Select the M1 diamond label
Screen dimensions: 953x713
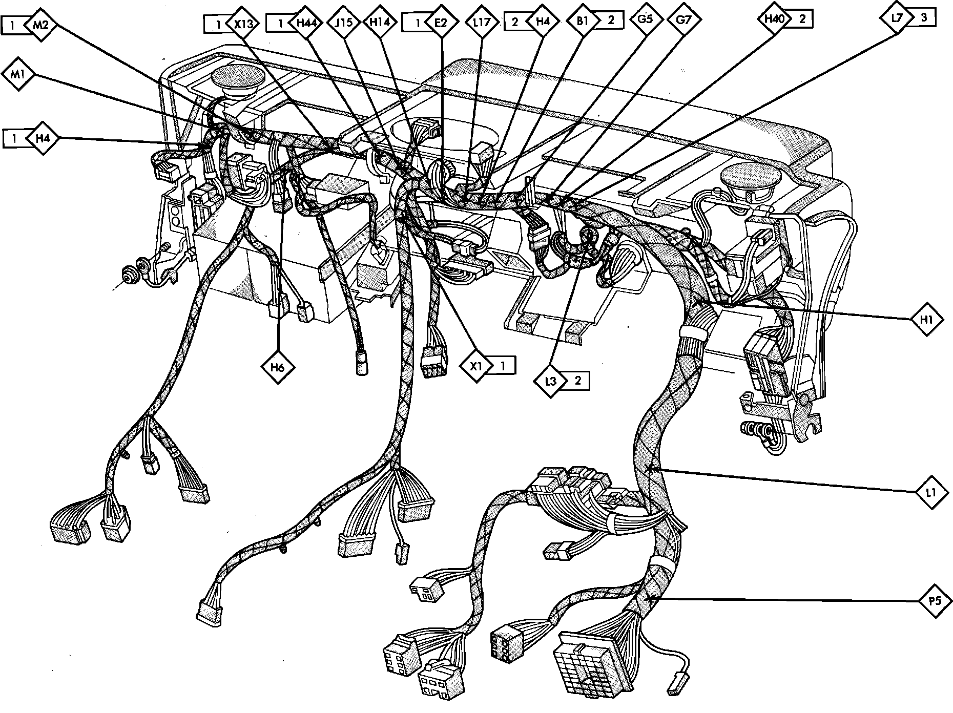[x=18, y=75]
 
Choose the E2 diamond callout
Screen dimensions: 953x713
[x=440, y=23]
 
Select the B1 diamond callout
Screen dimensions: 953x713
[x=583, y=22]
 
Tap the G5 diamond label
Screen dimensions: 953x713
[x=644, y=20]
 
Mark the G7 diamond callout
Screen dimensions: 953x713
[x=683, y=20]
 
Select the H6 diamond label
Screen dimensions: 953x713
[x=277, y=367]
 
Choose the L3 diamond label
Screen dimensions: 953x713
[x=551, y=381]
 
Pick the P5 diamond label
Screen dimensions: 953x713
[x=936, y=601]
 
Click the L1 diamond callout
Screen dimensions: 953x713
[x=932, y=493]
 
